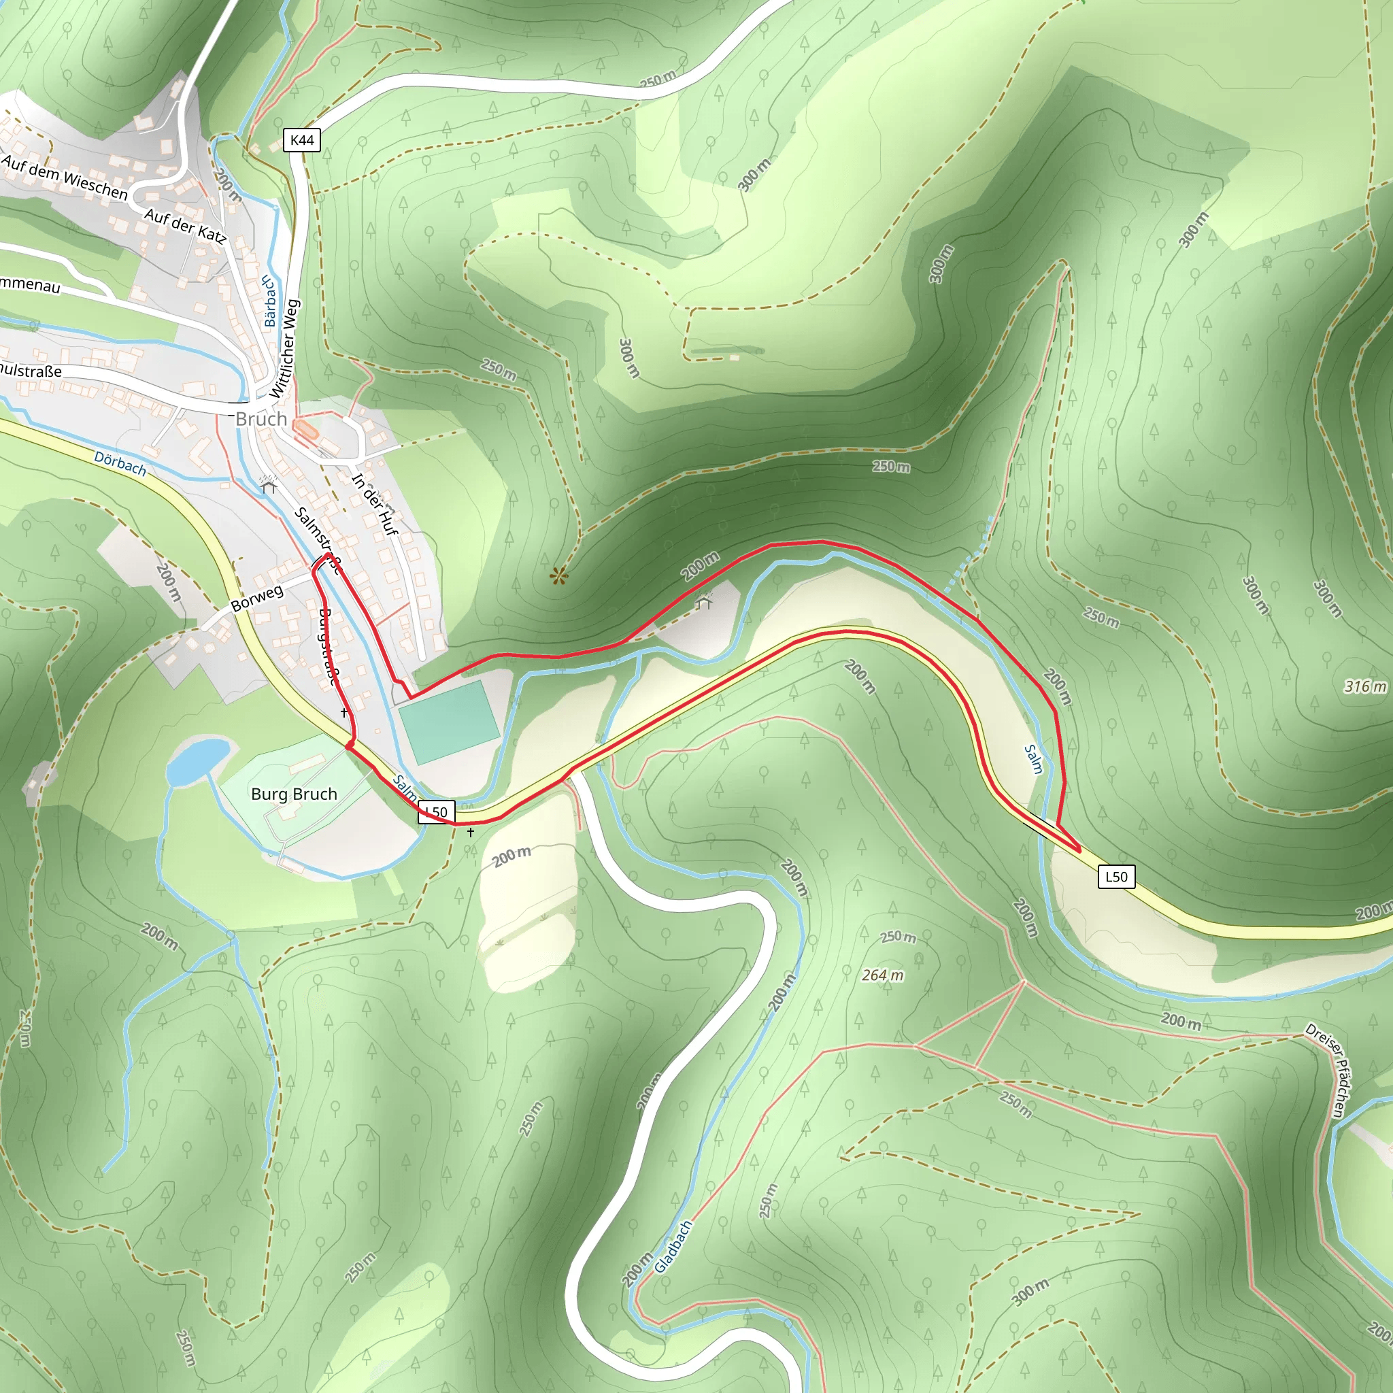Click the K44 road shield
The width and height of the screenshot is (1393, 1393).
(301, 140)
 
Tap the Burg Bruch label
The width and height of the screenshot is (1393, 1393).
(294, 794)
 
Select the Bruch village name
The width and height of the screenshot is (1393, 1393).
(261, 419)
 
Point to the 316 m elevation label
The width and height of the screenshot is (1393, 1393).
(1365, 686)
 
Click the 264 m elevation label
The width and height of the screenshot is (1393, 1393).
(882, 975)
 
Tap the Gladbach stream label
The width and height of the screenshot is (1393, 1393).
(673, 1247)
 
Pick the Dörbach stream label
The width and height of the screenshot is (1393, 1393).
(120, 464)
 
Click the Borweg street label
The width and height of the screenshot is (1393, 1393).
(256, 598)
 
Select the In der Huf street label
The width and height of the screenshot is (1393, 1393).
(375, 504)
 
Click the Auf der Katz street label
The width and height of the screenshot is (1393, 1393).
(185, 225)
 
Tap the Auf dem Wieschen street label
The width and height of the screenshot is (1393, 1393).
(65, 178)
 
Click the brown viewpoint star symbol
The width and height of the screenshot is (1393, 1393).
(558, 575)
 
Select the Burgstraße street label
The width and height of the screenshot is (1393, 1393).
(328, 646)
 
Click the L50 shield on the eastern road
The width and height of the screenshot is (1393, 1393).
(1116, 876)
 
